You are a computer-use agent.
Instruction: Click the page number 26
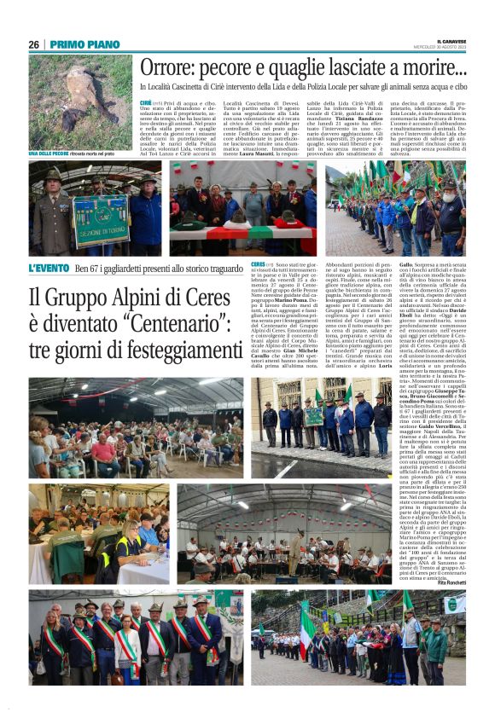click(x=33, y=44)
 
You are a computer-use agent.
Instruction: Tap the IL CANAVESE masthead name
click(x=451, y=40)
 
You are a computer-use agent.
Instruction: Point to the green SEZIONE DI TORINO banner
click(x=100, y=220)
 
